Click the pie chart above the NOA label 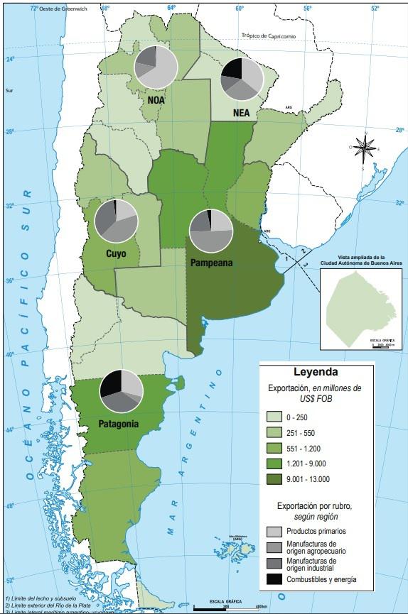pyautogui.click(x=156, y=67)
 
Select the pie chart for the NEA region pyautogui.click(x=242, y=79)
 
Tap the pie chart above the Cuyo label pyautogui.click(x=116, y=221)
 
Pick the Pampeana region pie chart pyautogui.click(x=211, y=231)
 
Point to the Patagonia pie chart pyautogui.click(x=122, y=391)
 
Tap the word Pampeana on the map pyautogui.click(x=212, y=263)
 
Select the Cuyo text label pyautogui.click(x=117, y=253)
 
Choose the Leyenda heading pyautogui.click(x=316, y=371)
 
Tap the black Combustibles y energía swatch pyautogui.click(x=274, y=579)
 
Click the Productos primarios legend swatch pyautogui.click(x=274, y=532)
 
